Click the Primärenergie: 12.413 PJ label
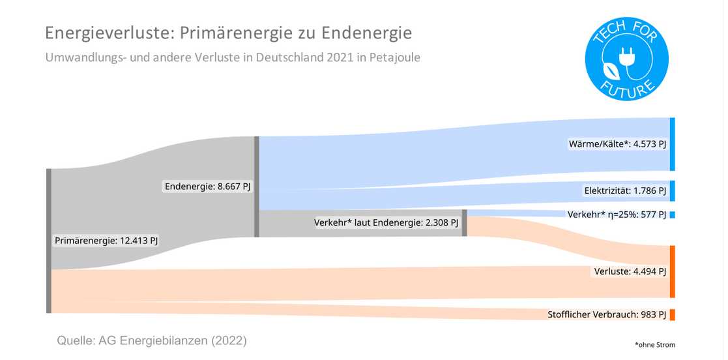106,240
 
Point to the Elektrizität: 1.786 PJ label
625,190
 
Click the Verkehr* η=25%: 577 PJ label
617,215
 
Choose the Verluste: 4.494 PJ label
630,271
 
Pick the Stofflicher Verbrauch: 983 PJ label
607,315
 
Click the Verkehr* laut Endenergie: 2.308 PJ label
386,223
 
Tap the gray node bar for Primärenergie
49,241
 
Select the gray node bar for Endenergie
257,187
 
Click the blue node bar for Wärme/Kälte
672,144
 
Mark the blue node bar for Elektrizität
672,190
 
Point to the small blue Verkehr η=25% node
672,215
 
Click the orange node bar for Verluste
672,271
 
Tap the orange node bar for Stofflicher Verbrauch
672,315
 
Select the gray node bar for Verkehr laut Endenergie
465,222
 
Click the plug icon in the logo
627,57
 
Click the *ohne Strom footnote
654,344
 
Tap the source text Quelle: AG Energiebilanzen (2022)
152,340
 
